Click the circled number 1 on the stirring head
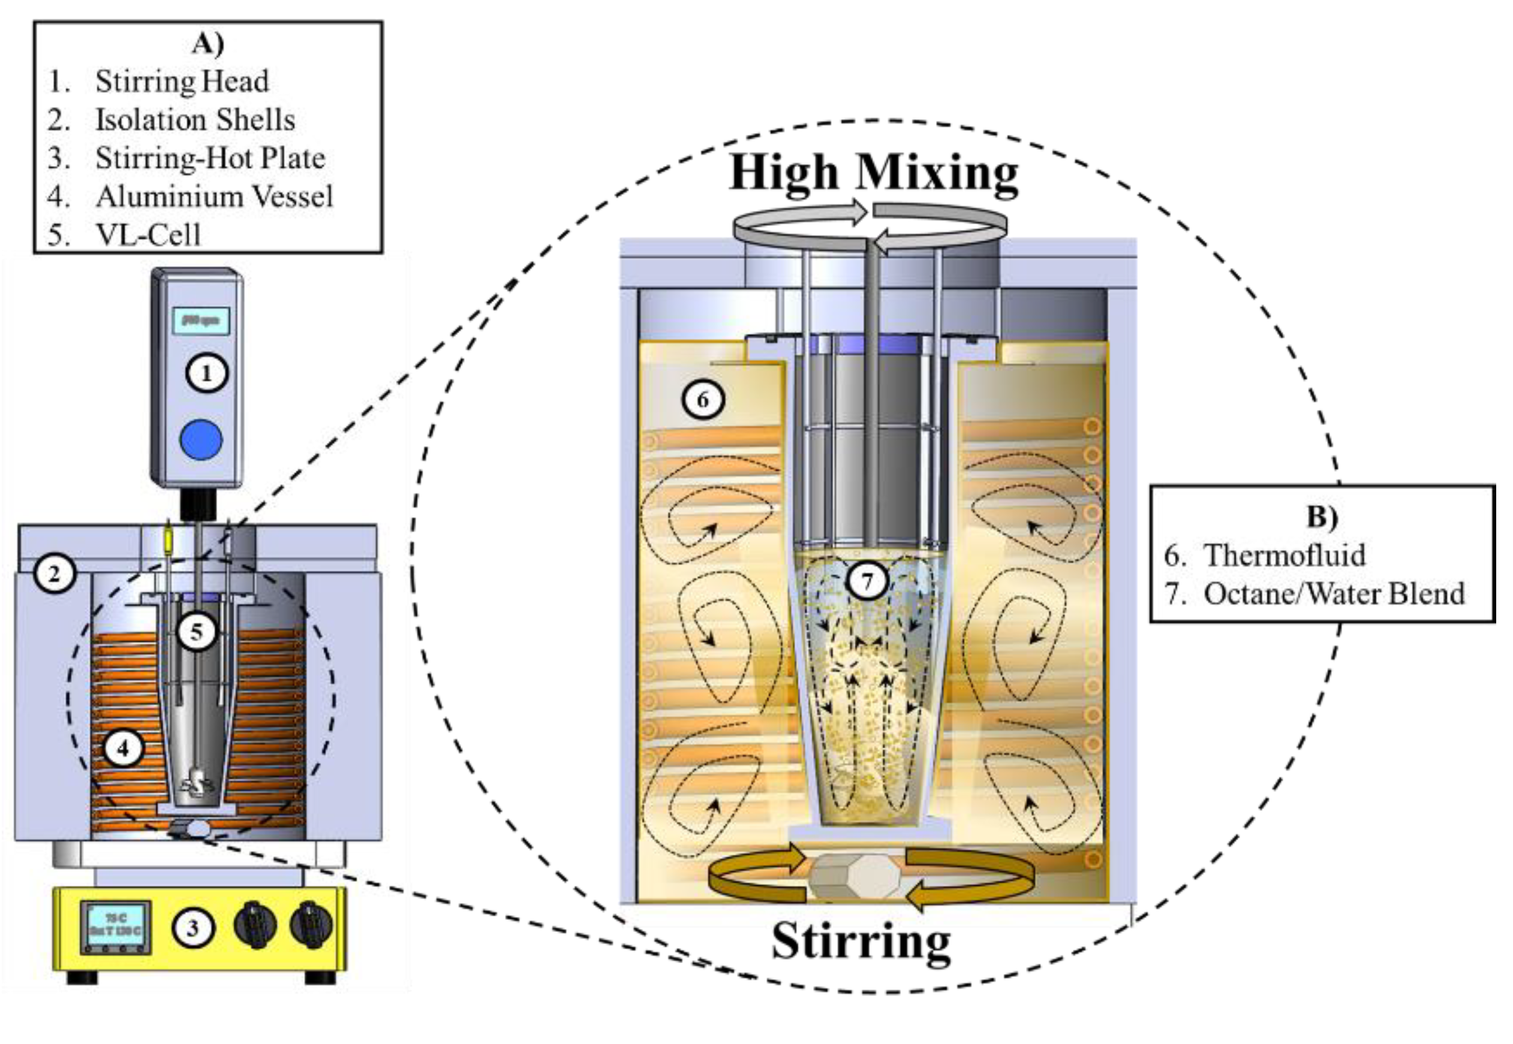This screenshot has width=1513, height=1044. [207, 373]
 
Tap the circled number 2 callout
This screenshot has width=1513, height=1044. [55, 574]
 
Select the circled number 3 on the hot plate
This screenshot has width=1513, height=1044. [192, 928]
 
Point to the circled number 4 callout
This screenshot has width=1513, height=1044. [122, 748]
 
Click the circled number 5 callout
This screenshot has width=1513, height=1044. [196, 631]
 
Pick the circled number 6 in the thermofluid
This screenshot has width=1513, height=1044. [703, 399]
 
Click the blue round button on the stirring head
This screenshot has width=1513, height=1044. [201, 439]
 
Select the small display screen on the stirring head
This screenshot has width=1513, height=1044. [201, 321]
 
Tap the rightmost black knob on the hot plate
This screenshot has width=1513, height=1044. [311, 925]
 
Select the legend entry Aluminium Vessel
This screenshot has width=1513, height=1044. [214, 196]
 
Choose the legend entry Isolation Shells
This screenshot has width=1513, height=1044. [195, 120]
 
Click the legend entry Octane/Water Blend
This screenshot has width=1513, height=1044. [1334, 593]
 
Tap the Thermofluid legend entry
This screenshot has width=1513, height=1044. [1284, 555]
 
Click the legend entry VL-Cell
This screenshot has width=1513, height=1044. [148, 234]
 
